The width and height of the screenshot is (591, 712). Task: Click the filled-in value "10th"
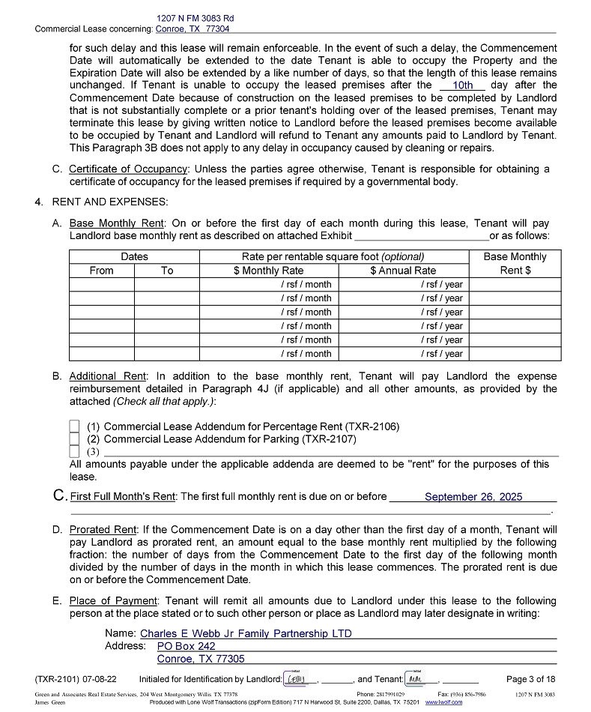click(463, 85)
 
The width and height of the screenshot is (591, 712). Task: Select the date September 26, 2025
click(473, 497)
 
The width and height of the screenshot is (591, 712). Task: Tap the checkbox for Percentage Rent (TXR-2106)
click(74, 426)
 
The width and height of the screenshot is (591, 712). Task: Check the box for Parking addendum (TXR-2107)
click(74, 439)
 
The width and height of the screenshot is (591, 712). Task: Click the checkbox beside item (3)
click(74, 452)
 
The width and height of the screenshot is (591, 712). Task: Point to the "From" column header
click(102, 271)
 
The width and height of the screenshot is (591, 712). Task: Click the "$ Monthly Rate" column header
click(269, 271)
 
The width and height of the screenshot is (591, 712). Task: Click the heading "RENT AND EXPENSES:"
click(110, 202)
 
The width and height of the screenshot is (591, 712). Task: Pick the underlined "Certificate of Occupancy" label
click(129, 169)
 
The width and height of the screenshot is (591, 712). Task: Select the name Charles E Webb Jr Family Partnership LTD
click(246, 633)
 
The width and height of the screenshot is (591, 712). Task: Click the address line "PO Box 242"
click(186, 646)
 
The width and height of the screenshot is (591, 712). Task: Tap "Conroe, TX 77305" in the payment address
click(201, 659)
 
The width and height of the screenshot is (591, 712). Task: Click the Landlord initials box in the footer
click(300, 679)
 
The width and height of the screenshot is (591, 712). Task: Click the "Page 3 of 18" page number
click(531, 679)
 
